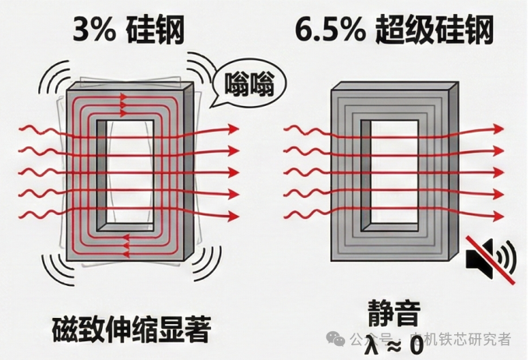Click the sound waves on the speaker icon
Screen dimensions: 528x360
[x=508, y=256]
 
